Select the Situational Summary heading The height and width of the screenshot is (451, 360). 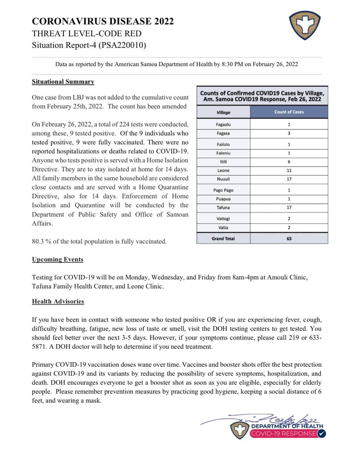click(x=63, y=81)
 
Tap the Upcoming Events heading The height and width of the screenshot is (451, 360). click(x=57, y=259)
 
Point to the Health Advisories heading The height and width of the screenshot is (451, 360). click(x=58, y=301)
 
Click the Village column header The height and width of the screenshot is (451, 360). click(x=223, y=112)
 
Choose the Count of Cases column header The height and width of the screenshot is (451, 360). click(x=289, y=112)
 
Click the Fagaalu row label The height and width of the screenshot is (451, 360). click(x=223, y=124)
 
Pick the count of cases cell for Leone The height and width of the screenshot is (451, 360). click(x=289, y=170)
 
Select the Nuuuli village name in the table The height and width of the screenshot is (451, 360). click(x=223, y=179)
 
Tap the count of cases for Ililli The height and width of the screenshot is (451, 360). click(x=289, y=162)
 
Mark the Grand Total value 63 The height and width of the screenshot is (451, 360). click(x=289, y=239)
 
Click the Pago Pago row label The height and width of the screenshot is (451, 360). click(x=223, y=190)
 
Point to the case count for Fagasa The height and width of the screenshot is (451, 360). click(x=289, y=133)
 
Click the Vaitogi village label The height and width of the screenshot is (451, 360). click(x=223, y=219)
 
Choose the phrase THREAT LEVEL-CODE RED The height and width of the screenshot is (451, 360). click(x=87, y=33)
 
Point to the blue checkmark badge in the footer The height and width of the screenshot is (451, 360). click(x=322, y=434)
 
